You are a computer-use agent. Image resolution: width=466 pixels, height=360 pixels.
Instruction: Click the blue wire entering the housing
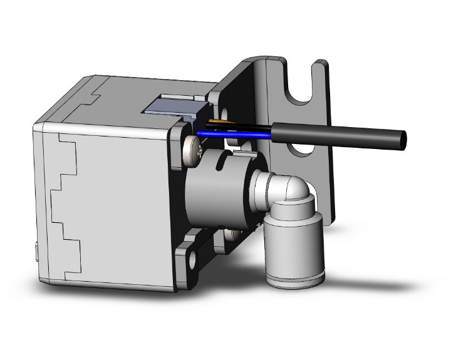[x=232, y=133]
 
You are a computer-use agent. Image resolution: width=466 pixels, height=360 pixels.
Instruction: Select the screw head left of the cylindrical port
[x=190, y=152]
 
